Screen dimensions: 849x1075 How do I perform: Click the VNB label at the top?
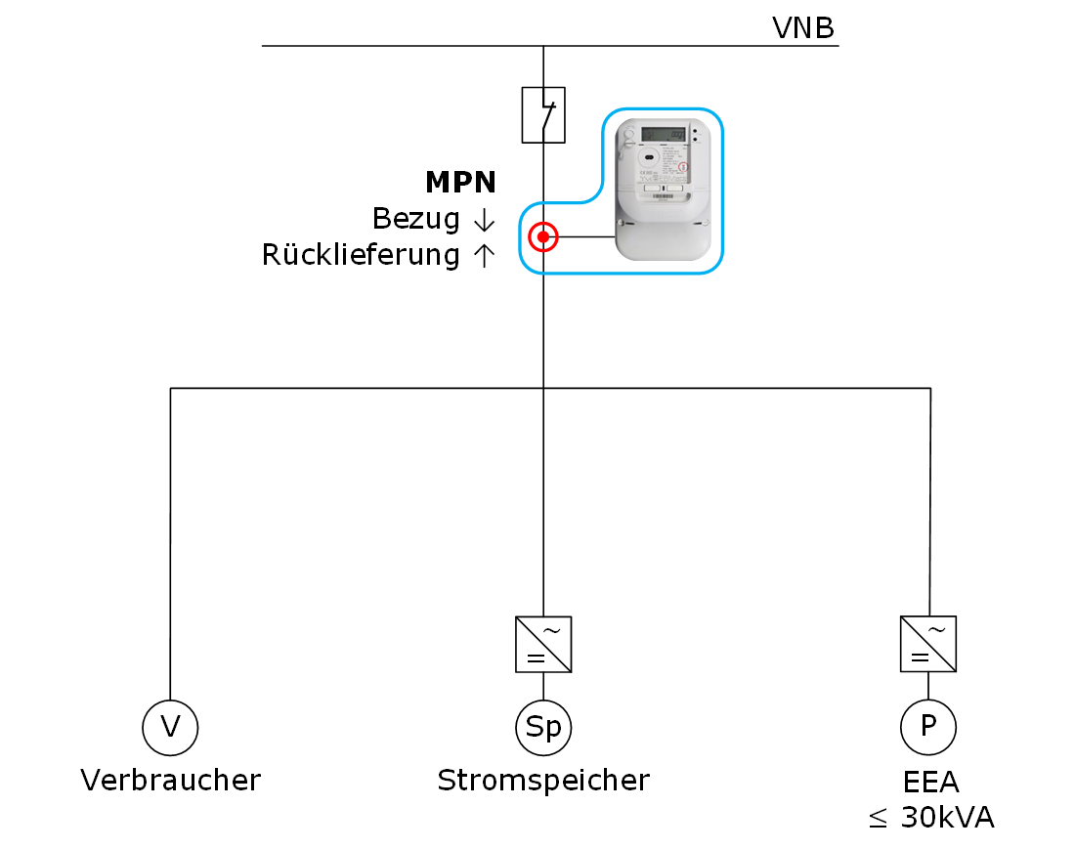coord(803,28)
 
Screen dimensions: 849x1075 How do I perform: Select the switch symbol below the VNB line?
coord(543,114)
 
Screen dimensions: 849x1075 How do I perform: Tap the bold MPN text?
coord(460,183)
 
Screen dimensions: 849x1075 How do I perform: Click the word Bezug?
coord(416,219)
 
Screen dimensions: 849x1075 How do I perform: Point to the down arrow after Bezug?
coord(481,220)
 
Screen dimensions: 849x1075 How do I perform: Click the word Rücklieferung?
coord(361,256)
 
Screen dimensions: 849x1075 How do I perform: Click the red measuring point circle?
coord(543,236)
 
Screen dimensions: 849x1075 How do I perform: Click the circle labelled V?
coord(170,727)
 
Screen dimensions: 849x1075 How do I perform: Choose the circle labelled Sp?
coord(543,727)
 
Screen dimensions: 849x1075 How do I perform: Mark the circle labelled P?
coord(928,727)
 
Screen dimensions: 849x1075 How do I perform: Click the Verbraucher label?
coord(171,781)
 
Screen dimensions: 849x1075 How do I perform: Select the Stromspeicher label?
coord(543,781)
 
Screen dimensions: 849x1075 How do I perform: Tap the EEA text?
coord(930,783)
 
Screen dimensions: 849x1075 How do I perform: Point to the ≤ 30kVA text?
coord(931,818)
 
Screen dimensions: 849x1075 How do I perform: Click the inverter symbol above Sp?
coord(543,644)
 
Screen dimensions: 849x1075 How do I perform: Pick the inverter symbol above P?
coord(928,644)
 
